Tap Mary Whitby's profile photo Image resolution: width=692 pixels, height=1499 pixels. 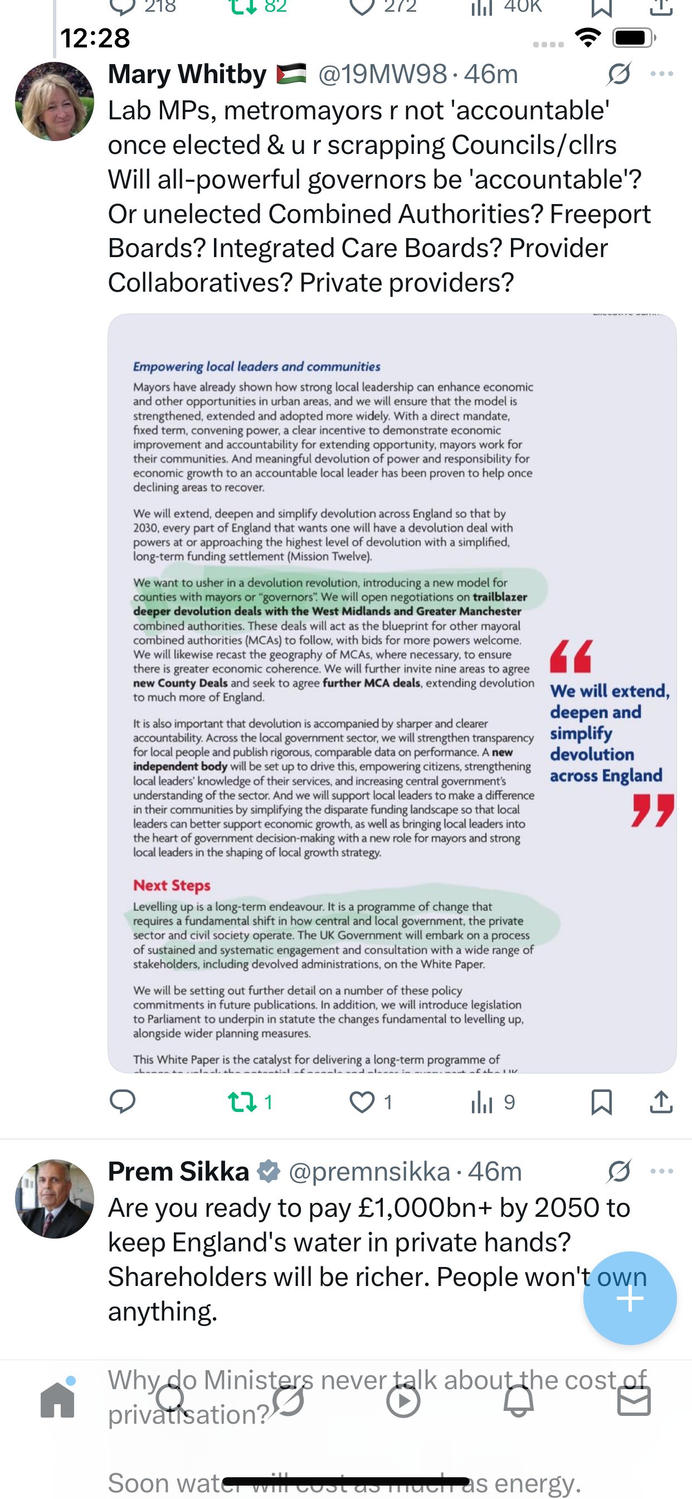coord(54,101)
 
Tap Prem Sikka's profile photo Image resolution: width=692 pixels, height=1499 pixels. coord(54,1198)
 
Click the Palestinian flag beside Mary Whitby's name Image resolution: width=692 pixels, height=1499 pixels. coord(291,74)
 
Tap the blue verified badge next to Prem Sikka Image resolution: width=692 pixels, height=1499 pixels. coord(269,1172)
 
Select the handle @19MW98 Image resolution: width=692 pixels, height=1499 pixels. coord(383,75)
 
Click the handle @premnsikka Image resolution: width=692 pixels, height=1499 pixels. coord(369,1172)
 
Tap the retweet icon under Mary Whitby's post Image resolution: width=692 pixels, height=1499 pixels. coord(241,1101)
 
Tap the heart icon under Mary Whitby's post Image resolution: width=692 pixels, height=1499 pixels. coord(362,1101)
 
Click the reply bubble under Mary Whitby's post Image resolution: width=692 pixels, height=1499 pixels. coord(123,1101)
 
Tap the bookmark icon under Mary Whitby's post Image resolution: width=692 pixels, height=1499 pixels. coord(601,1101)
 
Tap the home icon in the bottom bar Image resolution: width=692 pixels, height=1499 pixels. coord(57,1400)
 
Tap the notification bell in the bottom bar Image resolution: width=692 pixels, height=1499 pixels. coord(518,1400)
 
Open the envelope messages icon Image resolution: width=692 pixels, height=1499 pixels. coord(633,1400)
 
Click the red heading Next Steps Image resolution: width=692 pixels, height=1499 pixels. coord(172,885)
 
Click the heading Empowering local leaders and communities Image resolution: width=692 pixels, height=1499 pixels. coord(256,366)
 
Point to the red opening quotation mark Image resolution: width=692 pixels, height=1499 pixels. coord(571,656)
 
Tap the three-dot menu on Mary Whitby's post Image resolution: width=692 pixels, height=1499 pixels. coord(662,74)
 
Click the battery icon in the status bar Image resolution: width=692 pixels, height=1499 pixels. coord(633,38)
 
